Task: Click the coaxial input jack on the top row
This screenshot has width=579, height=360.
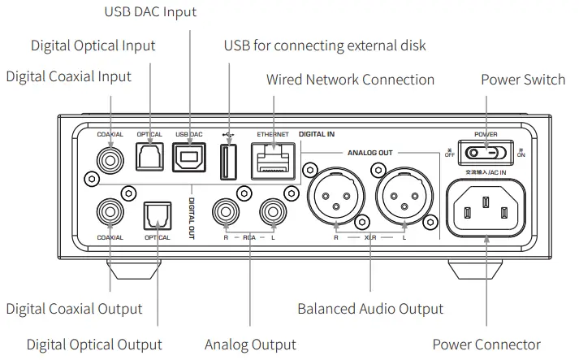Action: (x=109, y=156)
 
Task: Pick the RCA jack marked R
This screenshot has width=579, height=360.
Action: (x=226, y=214)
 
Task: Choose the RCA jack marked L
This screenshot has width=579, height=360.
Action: (x=272, y=214)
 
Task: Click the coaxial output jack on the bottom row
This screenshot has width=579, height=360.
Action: (x=109, y=214)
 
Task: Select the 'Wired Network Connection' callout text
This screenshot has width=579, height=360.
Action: (x=350, y=80)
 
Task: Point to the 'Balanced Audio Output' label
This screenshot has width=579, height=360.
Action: (x=370, y=309)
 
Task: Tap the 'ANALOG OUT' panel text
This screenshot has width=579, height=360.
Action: (x=369, y=152)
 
